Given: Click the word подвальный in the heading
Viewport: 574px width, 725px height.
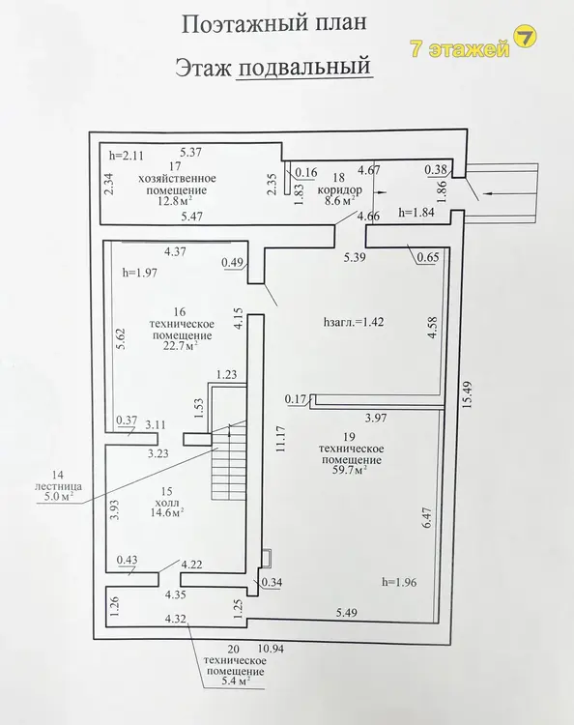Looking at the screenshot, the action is pyautogui.click(x=304, y=67).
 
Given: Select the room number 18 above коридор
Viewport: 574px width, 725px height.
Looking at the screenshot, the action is pyautogui.click(x=339, y=178).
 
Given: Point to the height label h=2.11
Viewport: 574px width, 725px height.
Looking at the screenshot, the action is pyautogui.click(x=127, y=156).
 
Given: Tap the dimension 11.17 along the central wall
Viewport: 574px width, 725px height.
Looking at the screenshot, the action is pyautogui.click(x=282, y=439).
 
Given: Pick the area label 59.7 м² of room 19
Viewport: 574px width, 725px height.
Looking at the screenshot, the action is pyautogui.click(x=350, y=471).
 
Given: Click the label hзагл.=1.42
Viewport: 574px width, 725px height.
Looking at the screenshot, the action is pyautogui.click(x=354, y=322).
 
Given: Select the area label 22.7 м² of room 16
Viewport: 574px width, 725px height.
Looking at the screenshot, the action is pyautogui.click(x=181, y=346).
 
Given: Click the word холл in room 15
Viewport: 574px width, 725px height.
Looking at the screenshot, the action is pyautogui.click(x=167, y=502).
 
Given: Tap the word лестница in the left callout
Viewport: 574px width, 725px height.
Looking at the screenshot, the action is pyautogui.click(x=58, y=486).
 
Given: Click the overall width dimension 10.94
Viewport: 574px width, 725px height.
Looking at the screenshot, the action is pyautogui.click(x=271, y=650).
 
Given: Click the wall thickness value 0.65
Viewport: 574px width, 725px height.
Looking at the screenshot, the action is pyautogui.click(x=427, y=257).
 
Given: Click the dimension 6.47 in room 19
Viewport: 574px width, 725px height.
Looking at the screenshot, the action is pyautogui.click(x=426, y=518).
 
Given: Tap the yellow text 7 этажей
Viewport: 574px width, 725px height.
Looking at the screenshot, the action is pyautogui.click(x=460, y=49).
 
